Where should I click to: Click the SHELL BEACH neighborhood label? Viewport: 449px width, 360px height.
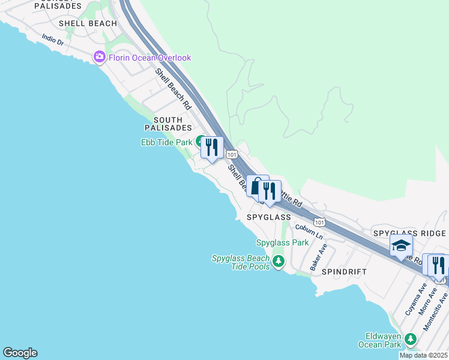click(x=88, y=23)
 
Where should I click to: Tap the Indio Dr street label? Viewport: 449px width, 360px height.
click(x=53, y=40)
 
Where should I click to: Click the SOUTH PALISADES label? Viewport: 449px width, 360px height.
click(x=167, y=124)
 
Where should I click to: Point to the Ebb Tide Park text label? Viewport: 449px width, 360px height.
click(x=166, y=142)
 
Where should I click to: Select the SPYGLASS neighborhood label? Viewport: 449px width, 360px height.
click(x=268, y=217)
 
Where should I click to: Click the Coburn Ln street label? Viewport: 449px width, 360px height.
click(x=309, y=232)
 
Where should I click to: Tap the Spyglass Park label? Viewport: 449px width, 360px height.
click(x=282, y=242)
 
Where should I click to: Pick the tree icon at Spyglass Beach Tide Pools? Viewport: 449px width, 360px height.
click(x=277, y=262)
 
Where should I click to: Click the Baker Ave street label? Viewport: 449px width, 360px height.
click(x=318, y=256)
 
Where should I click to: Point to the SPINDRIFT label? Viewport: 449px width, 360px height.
click(x=343, y=272)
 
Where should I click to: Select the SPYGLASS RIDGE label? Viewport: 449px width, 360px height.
click(x=409, y=233)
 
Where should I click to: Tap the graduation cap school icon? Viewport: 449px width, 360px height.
click(x=401, y=245)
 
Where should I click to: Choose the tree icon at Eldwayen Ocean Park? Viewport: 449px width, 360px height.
click(x=411, y=340)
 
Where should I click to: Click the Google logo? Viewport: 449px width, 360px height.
click(x=20, y=353)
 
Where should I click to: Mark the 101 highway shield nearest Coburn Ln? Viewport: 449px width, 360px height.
click(x=319, y=222)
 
